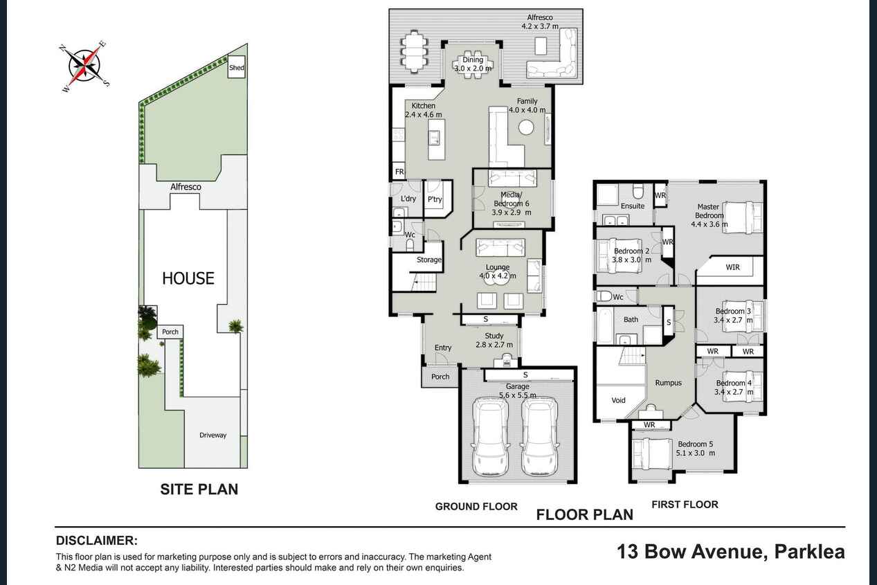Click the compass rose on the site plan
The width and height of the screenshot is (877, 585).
(85, 66)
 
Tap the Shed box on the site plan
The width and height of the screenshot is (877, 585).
(237, 67)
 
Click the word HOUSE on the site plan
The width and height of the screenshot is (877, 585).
(188, 278)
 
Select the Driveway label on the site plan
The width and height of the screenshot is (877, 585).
(213, 435)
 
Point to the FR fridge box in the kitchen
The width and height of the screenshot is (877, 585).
(399, 172)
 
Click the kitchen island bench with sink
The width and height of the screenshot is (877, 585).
(437, 139)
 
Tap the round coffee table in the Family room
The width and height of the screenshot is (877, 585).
(526, 127)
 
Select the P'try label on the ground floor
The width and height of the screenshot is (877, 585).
(435, 199)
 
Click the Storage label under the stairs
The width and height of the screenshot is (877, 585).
(429, 260)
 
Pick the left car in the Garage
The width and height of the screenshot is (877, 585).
(491, 436)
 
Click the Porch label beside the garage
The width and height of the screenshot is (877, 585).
(440, 377)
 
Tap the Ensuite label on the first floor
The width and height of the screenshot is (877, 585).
(632, 206)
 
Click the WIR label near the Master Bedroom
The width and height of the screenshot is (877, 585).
(732, 267)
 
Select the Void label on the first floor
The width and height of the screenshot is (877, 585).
(619, 400)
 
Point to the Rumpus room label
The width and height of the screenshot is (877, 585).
(669, 383)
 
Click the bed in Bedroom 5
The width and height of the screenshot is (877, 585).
(653, 453)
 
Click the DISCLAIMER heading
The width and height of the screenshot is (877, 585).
(97, 541)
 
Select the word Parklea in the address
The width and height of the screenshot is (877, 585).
(810, 551)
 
